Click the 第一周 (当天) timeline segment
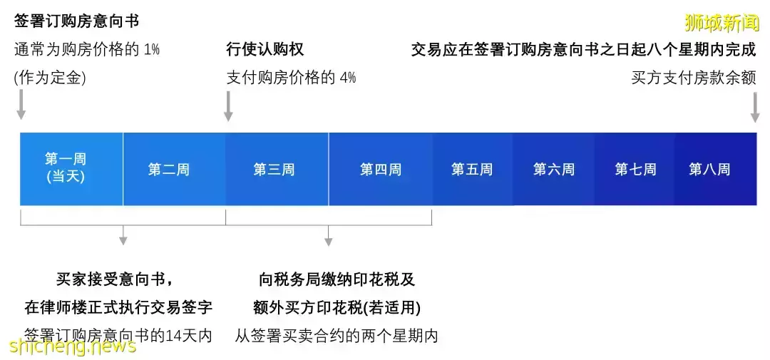(x=66, y=169)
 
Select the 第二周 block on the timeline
(x=169, y=170)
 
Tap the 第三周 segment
(x=274, y=170)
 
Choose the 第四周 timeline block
(x=380, y=170)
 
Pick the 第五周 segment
(x=471, y=170)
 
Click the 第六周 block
(x=553, y=170)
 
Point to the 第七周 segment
(x=635, y=170)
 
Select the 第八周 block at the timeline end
(x=709, y=170)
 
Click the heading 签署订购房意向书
(x=76, y=21)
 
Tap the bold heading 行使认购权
(x=265, y=50)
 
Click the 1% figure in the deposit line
(x=151, y=50)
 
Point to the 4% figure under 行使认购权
(x=347, y=77)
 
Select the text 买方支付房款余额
(x=693, y=77)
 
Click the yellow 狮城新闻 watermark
(x=721, y=23)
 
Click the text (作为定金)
(x=50, y=77)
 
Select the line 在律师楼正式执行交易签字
(x=118, y=307)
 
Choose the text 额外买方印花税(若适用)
(x=337, y=307)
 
